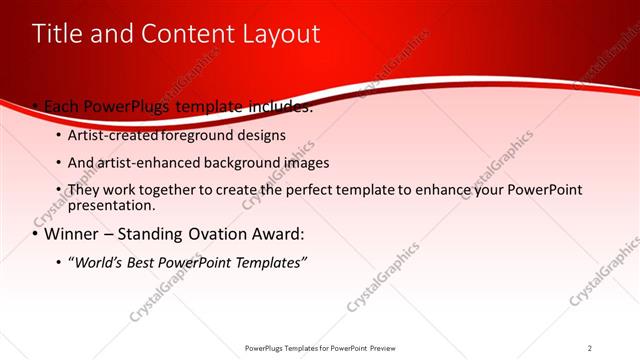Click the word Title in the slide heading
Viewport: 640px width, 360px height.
pyautogui.click(x=56, y=34)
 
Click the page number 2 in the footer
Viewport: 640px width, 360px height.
pyautogui.click(x=590, y=347)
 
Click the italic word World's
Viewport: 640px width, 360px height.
pyautogui.click(x=96, y=262)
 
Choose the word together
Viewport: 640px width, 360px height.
pyautogui.click(x=167, y=190)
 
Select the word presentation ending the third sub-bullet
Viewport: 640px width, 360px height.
pyautogui.click(x=110, y=206)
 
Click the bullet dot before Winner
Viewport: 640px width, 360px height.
pyautogui.click(x=35, y=235)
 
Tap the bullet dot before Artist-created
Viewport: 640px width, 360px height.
pyautogui.click(x=58, y=135)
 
